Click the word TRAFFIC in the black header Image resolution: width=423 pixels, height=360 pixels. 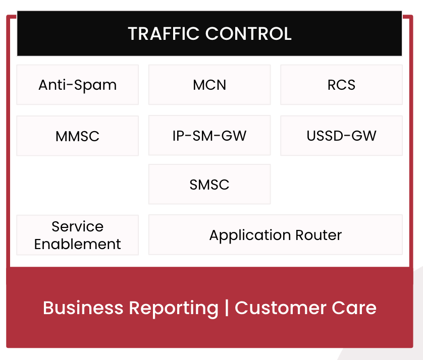point(164,34)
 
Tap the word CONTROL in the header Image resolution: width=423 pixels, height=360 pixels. point(248,34)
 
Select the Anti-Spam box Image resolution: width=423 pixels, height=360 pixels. point(77,85)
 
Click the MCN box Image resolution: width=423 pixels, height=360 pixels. point(209,85)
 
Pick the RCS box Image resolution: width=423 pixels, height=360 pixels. point(341,85)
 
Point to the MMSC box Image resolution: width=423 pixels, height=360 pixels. point(77,136)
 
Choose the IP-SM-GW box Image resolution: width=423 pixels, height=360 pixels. point(209,135)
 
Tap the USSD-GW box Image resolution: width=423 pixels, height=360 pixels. point(341,136)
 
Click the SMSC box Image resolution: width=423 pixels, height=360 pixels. point(209,184)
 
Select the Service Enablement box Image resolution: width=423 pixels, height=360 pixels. point(77,235)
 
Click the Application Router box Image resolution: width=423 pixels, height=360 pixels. point(276,234)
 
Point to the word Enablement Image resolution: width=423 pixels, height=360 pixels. point(77,244)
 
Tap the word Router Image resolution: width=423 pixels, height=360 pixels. point(319,235)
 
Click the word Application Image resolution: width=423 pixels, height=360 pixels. point(250,235)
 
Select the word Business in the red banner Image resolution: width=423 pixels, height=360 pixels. point(83,308)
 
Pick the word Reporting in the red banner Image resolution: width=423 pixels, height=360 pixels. point(174,309)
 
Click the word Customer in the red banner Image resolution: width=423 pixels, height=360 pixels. point(281,308)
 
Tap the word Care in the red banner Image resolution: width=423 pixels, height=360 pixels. point(354,308)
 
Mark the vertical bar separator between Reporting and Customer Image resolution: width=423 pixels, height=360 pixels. point(227,308)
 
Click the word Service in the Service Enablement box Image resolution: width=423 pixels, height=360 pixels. point(77,226)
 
